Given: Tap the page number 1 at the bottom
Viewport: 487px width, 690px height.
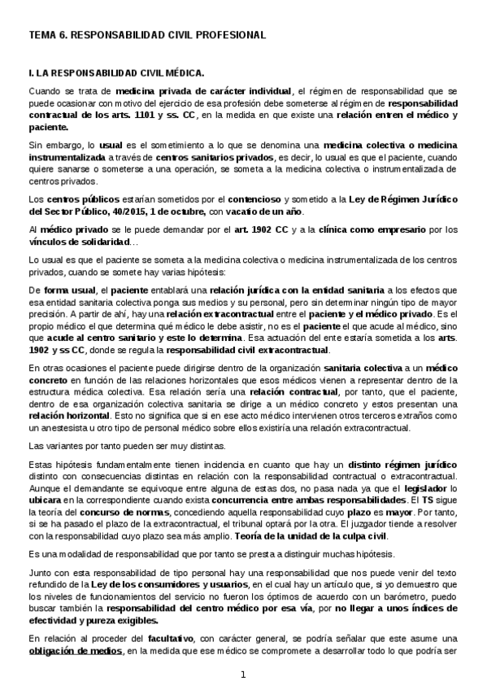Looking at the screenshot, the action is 242,675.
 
